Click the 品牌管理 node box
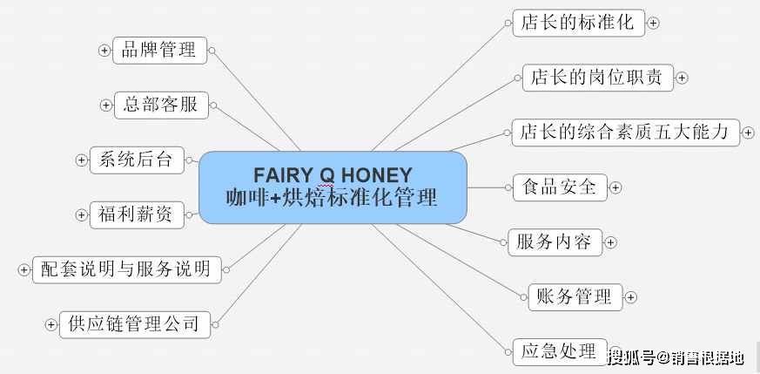click(x=159, y=51)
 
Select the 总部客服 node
click(x=161, y=105)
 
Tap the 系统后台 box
click(x=138, y=160)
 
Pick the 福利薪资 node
click(x=138, y=214)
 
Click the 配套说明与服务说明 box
click(x=127, y=269)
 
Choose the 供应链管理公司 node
click(x=135, y=324)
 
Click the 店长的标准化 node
click(x=579, y=23)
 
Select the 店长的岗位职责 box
click(x=598, y=78)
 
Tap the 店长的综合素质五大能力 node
click(x=626, y=133)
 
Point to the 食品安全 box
click(x=561, y=187)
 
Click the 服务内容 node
click(x=555, y=242)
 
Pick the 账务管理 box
click(x=575, y=297)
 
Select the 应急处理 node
click(x=560, y=351)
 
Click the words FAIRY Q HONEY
click(x=333, y=175)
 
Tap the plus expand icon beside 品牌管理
click(x=104, y=51)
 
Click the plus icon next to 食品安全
click(x=615, y=187)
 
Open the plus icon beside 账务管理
click(x=630, y=297)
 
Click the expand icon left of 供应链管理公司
click(x=50, y=325)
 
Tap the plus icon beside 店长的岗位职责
click(x=682, y=78)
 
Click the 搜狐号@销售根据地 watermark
click(x=676, y=358)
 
